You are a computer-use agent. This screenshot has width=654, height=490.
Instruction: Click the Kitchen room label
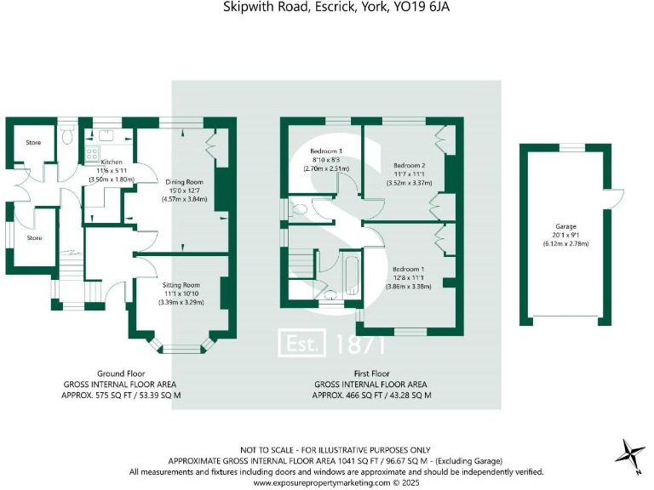pos(112,162)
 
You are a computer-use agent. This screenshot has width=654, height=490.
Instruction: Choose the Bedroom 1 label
pos(409,269)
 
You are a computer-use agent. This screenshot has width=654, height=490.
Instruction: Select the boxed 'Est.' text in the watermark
pos(303,343)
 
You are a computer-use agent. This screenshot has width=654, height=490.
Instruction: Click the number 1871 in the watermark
pos(361,344)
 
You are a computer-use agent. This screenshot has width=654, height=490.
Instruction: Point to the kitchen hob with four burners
pos(90,154)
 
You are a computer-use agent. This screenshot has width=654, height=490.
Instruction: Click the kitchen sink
pos(107,135)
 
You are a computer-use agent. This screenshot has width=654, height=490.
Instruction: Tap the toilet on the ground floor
pos(68,135)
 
